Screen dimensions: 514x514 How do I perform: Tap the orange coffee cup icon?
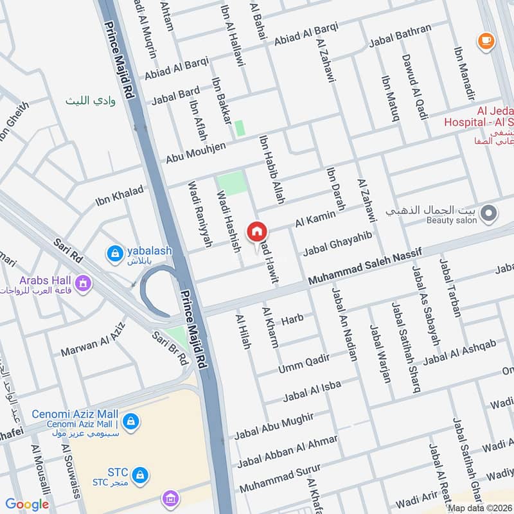[x=486, y=42]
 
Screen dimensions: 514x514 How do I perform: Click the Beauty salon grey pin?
[x=490, y=213]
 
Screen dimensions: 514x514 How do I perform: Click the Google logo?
[x=27, y=504]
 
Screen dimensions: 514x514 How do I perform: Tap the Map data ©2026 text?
[x=479, y=508]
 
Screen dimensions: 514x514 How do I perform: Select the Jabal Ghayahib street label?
[x=337, y=243]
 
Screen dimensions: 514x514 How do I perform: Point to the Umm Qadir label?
[x=303, y=364]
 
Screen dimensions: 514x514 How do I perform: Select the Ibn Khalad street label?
[x=120, y=197]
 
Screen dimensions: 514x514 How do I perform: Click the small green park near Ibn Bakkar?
[x=240, y=128]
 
